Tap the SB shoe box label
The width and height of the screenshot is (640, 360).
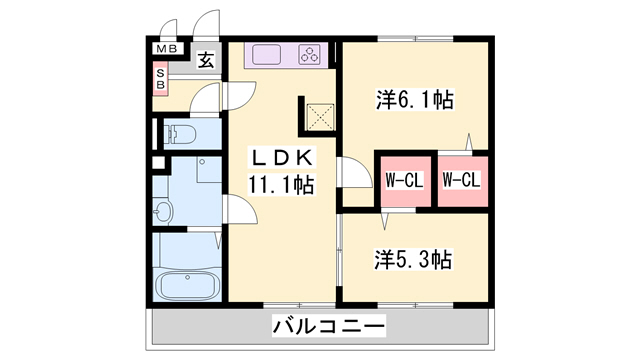[x=160, y=79]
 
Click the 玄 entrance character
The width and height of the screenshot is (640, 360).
[x=204, y=60]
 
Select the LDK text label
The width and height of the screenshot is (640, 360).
[x=282, y=158]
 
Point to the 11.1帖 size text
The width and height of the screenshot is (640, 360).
[x=282, y=184]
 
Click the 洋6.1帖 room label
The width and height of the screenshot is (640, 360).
[x=415, y=100]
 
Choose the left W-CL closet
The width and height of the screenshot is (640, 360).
[x=404, y=181]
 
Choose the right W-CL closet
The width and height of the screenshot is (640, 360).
[x=462, y=181]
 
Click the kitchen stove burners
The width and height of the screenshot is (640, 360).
[x=310, y=55]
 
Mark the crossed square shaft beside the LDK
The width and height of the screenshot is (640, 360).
[x=320, y=116]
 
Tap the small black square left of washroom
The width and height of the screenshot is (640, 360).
[x=156, y=161]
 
